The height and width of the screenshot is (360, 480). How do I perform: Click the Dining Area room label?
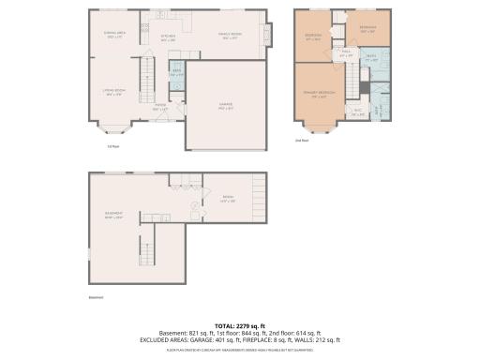(113, 36)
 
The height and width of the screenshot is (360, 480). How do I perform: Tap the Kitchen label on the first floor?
(168, 39)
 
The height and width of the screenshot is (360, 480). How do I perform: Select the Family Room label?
(231, 36)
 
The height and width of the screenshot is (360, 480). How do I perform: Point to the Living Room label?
(113, 92)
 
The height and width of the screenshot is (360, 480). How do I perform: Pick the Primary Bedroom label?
(321, 96)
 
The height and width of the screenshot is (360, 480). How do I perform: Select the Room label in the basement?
(226, 198)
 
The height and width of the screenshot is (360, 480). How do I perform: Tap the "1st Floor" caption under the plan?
(112, 145)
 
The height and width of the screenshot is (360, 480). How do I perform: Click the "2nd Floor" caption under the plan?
(301, 141)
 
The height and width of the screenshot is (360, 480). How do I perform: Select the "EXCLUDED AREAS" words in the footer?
(165, 338)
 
